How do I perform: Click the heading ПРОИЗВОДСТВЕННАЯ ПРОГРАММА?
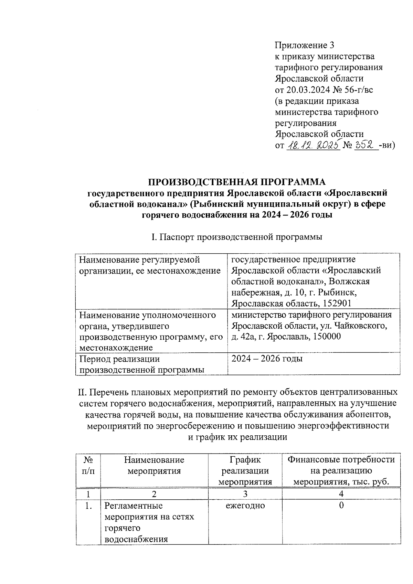pos(236,182)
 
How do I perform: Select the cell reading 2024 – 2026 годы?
pos(267,359)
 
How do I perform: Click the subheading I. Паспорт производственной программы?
pos(236,237)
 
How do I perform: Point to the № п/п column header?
pos(88,465)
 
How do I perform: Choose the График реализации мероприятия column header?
pos(245,470)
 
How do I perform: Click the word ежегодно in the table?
pos(245,506)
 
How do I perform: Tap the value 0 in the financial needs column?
pos(341,506)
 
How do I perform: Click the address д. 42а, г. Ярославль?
pos(268,336)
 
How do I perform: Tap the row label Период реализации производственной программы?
pos(142,364)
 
